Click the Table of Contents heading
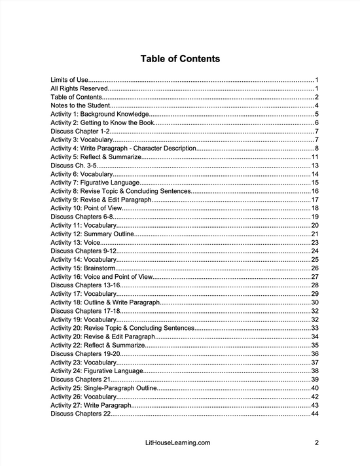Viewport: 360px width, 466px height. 180,59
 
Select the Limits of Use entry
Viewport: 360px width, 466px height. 69,80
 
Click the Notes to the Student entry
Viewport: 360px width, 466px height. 80,105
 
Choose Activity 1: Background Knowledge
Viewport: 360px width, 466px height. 99,114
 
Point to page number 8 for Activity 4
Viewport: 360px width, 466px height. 316,149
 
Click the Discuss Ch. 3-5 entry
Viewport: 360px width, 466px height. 71,166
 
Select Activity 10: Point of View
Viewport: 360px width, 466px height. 88,208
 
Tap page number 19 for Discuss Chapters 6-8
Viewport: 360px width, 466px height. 314,217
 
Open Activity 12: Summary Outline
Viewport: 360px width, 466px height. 95,234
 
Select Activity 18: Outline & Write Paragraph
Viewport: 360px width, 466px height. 105,302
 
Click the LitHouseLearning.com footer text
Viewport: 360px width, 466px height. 180,442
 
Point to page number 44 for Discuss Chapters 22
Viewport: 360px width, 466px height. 314,414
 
